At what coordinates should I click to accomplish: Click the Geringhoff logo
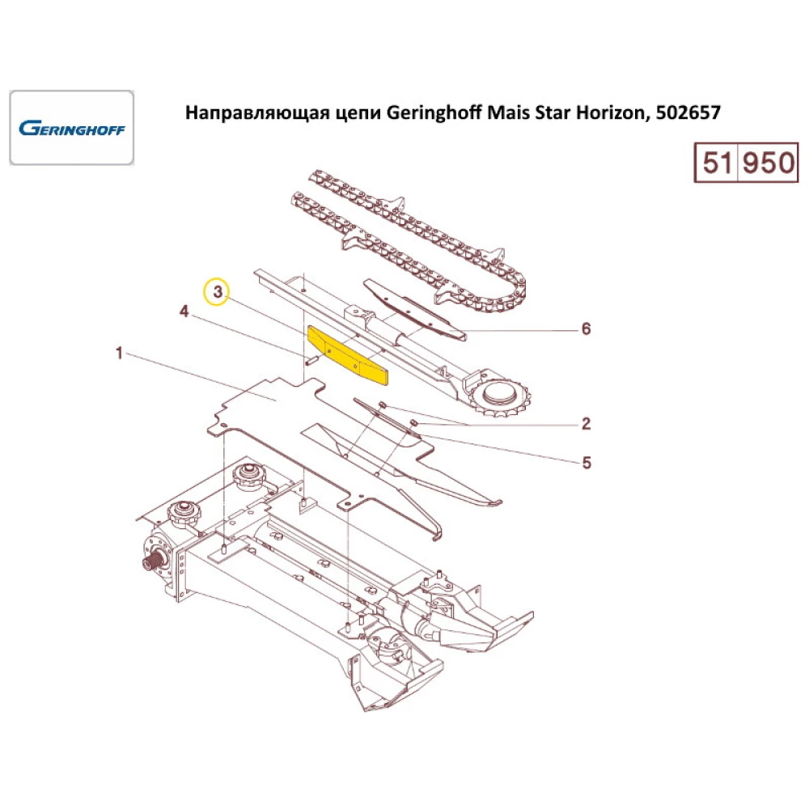[71, 128]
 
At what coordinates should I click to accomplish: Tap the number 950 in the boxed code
[769, 163]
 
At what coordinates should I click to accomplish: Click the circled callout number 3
[216, 291]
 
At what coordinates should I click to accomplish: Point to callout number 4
[184, 311]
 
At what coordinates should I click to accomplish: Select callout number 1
[119, 354]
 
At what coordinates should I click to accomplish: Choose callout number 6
[587, 328]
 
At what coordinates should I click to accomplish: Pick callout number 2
[587, 423]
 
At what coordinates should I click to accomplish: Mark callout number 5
[587, 463]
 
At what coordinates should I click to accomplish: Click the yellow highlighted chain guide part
[349, 353]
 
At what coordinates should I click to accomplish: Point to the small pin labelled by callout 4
[310, 359]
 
